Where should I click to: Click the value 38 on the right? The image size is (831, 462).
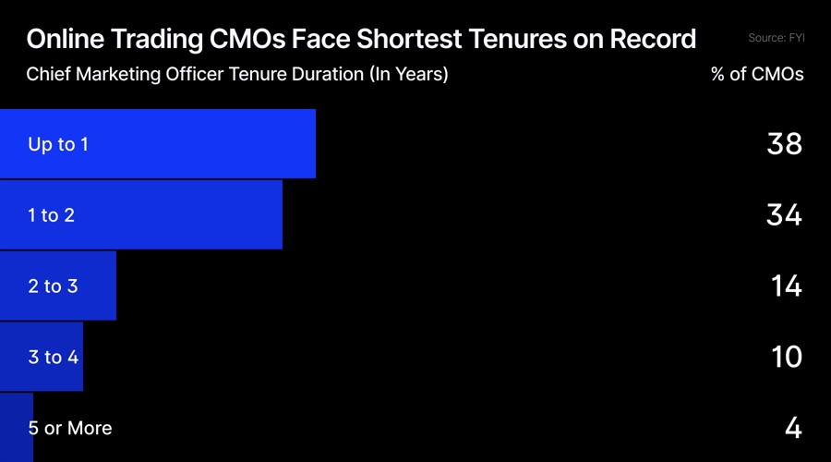tap(784, 144)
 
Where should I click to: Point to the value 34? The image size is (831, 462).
tap(784, 215)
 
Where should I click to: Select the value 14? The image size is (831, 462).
tap(786, 286)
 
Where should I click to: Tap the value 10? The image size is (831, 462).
tap(786, 357)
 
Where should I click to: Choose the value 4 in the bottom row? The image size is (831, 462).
tap(793, 428)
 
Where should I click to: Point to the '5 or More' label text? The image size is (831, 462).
tap(70, 428)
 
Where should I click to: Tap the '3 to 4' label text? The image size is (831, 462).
tap(53, 357)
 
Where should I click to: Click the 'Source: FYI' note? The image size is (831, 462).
tap(776, 38)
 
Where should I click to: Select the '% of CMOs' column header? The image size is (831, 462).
tap(757, 75)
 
